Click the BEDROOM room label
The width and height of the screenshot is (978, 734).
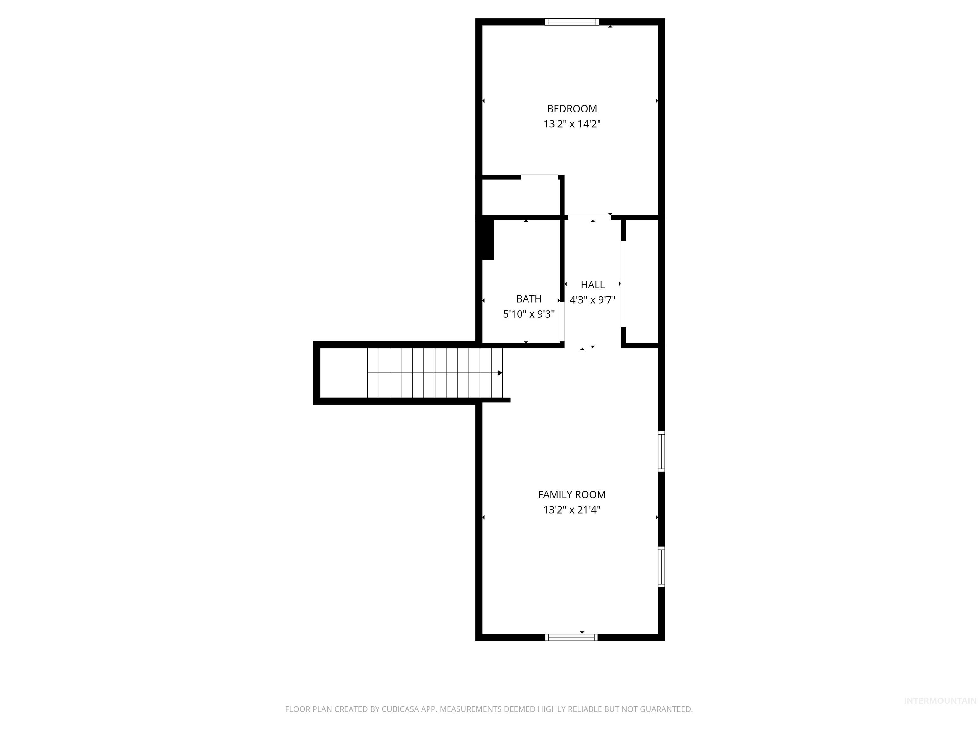pyautogui.click(x=572, y=109)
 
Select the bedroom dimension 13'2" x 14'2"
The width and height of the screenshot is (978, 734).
pyautogui.click(x=572, y=124)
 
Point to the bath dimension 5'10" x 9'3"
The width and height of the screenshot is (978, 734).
pyautogui.click(x=529, y=314)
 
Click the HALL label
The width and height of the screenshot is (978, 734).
pyautogui.click(x=592, y=285)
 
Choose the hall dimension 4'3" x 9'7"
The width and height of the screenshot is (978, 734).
pyautogui.click(x=592, y=300)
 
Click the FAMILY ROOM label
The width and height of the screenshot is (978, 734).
pyautogui.click(x=572, y=495)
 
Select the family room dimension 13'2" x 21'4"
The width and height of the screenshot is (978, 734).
pyautogui.click(x=572, y=510)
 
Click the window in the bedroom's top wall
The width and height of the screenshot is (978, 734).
pyautogui.click(x=572, y=22)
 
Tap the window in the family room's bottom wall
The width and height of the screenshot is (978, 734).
pyautogui.click(x=571, y=637)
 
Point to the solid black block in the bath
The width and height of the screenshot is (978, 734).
pyautogui.click(x=488, y=239)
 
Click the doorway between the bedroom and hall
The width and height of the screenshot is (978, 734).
pyautogui.click(x=589, y=218)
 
